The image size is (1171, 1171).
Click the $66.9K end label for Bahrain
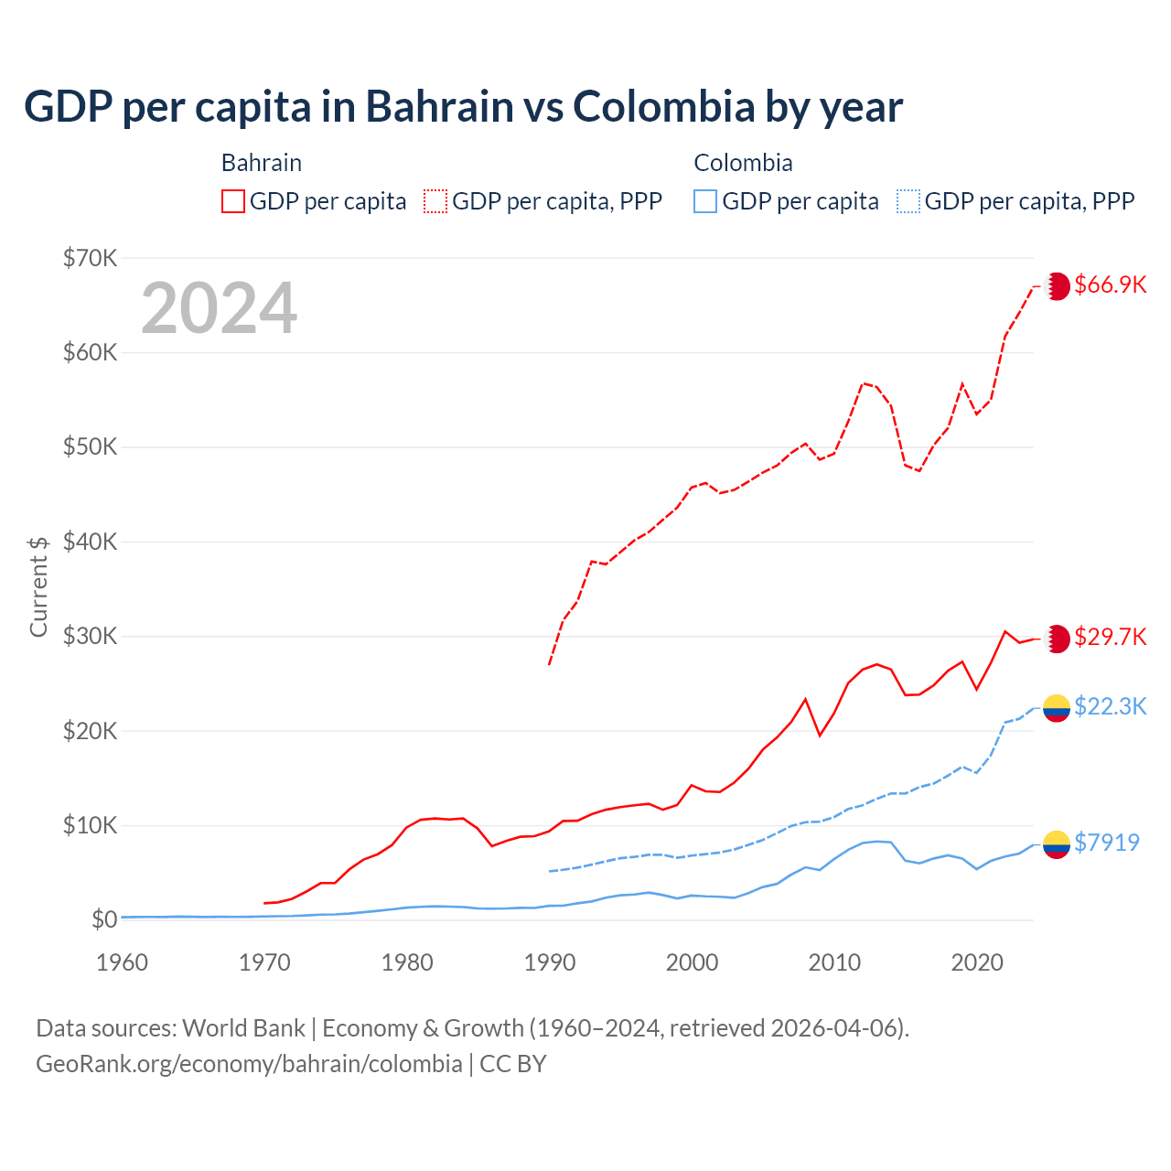click(x=1110, y=285)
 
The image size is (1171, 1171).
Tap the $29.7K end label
click(x=1110, y=637)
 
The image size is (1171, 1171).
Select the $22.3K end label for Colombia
click(x=1110, y=706)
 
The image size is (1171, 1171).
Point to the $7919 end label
click(x=1106, y=843)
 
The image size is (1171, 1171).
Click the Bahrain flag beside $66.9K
click(x=1057, y=285)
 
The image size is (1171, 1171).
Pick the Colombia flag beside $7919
click(x=1057, y=844)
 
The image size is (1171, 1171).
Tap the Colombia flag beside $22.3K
click(x=1057, y=708)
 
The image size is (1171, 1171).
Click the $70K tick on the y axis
click(x=91, y=258)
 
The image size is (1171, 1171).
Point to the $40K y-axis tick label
click(x=91, y=542)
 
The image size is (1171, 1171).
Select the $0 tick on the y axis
click(x=104, y=919)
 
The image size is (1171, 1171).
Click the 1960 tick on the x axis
click(x=122, y=962)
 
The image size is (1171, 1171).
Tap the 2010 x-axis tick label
click(x=834, y=962)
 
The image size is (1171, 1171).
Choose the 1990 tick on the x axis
click(x=550, y=962)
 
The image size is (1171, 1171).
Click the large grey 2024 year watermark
click(x=219, y=308)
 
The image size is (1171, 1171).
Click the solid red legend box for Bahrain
click(x=233, y=201)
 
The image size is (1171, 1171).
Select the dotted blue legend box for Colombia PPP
click(x=908, y=201)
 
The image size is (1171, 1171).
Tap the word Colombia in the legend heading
click(x=743, y=163)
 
